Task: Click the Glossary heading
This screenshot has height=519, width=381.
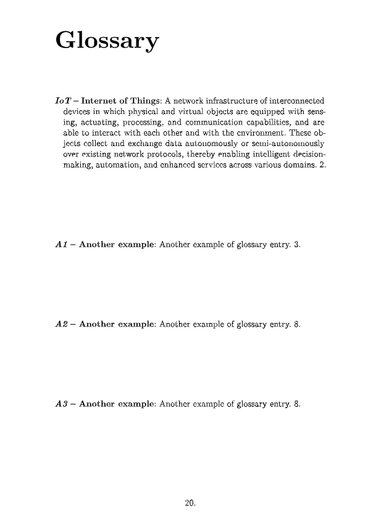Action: click(107, 42)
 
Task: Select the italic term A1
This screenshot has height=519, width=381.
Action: click(61, 245)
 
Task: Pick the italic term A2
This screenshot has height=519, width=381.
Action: click(61, 324)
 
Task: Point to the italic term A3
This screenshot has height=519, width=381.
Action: click(61, 404)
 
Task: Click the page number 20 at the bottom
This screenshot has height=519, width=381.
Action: click(190, 504)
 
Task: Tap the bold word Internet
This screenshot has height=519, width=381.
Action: click(102, 100)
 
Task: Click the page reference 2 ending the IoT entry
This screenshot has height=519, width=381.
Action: click(322, 167)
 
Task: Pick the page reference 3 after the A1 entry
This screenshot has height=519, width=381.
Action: click(296, 245)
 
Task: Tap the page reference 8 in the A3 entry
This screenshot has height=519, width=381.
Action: click(297, 404)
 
